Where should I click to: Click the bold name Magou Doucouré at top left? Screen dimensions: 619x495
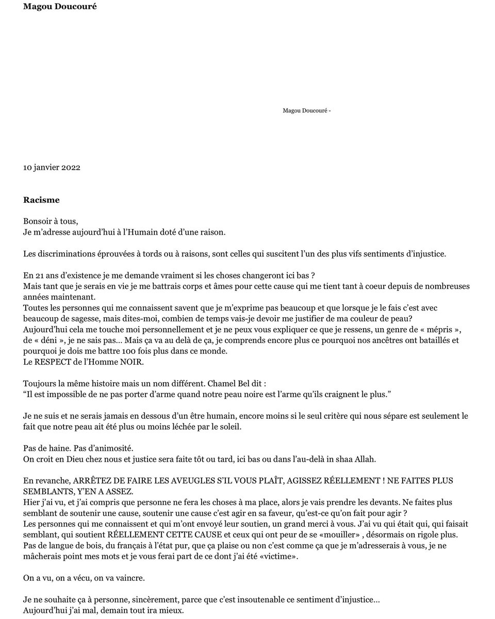tap(60, 6)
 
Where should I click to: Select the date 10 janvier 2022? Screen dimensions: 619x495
tap(52, 168)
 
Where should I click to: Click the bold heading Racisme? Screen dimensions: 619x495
tap(41, 200)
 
